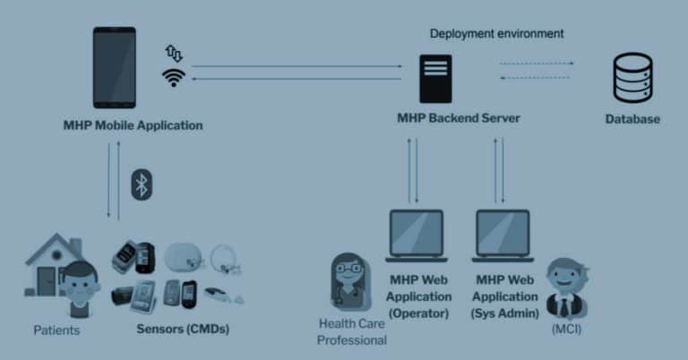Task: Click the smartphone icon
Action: [115, 68]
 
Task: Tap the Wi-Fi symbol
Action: [173, 77]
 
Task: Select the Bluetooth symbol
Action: [141, 184]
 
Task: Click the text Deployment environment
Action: [496, 34]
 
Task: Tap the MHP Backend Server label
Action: [458, 118]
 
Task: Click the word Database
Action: [632, 119]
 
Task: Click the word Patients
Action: [56, 330]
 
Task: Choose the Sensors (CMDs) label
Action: [183, 329]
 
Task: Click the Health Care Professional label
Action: [352, 331]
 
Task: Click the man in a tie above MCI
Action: [566, 288]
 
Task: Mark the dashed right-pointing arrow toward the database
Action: [537, 64]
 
